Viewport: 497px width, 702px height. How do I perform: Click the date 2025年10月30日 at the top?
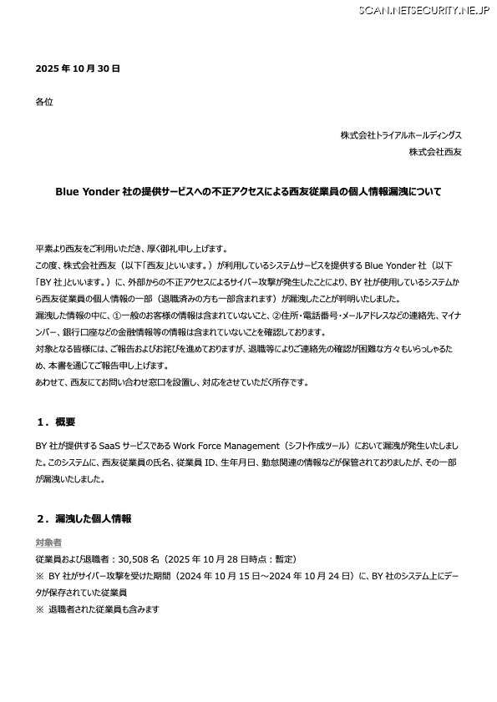click(78, 68)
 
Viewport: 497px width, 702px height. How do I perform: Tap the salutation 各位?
click(44, 102)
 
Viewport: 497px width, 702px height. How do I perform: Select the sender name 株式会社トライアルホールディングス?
click(401, 135)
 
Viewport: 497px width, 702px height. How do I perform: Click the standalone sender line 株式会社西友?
click(435, 152)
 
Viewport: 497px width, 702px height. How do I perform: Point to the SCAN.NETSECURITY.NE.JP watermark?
click(424, 10)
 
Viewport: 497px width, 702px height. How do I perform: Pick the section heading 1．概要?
click(56, 421)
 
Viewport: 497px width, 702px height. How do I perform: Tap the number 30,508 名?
click(140, 558)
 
